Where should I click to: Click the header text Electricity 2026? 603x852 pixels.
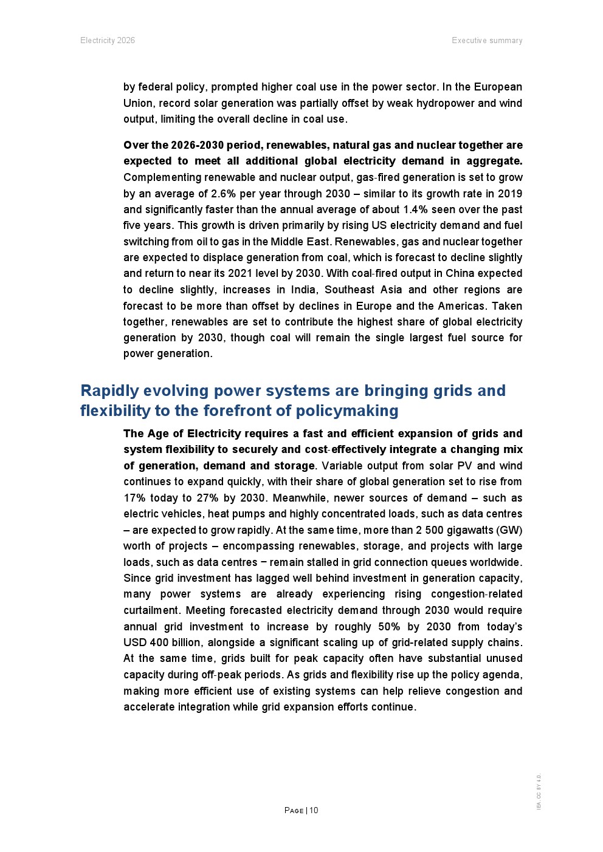point(108,41)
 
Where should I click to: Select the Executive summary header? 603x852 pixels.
point(487,41)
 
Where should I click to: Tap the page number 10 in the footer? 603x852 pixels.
point(314,811)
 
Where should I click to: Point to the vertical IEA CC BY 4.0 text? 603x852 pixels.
point(539,791)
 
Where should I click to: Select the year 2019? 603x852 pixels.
point(509,194)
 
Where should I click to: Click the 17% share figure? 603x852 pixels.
point(134,498)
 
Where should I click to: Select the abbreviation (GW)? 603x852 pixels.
point(509,530)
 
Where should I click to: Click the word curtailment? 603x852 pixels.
point(151,610)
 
